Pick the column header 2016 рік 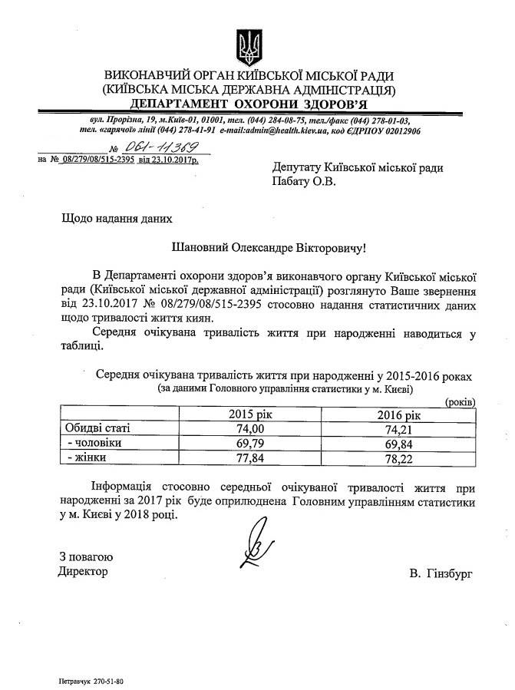click(x=399, y=414)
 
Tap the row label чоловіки click(x=94, y=444)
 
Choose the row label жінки click(x=87, y=458)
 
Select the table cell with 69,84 click(x=399, y=444)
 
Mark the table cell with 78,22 click(x=399, y=458)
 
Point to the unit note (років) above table click(x=460, y=402)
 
